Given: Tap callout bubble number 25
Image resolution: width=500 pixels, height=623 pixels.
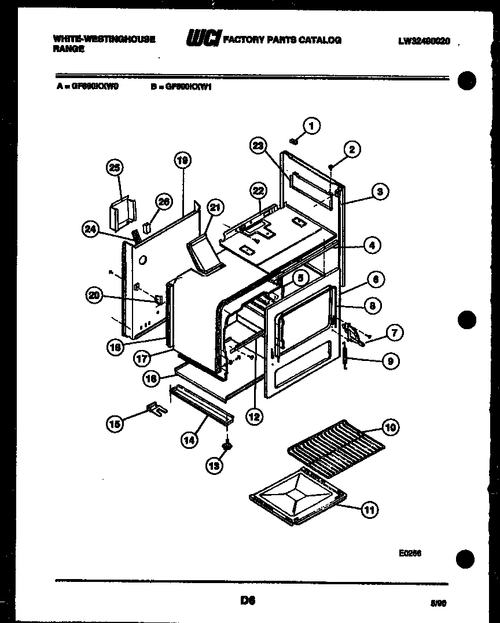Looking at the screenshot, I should (x=116, y=168).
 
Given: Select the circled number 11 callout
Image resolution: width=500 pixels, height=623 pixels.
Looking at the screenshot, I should (x=369, y=510).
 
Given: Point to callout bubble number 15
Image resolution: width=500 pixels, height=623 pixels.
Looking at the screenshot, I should (x=116, y=424).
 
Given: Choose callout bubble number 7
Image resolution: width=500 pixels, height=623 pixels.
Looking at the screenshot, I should (x=394, y=333).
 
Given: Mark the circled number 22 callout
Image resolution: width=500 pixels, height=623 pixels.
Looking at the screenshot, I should (x=258, y=191).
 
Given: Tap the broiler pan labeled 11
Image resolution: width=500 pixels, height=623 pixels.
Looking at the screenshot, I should (x=298, y=499).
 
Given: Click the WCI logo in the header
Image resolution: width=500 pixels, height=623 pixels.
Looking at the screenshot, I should (x=202, y=39).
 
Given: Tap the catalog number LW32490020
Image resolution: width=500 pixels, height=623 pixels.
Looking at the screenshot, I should (x=424, y=40).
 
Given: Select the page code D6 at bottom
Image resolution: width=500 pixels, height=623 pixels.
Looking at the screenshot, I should (x=249, y=600).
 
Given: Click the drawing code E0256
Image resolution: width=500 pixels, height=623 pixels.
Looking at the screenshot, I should (x=410, y=553).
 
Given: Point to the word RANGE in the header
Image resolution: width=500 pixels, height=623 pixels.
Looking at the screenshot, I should (x=68, y=50).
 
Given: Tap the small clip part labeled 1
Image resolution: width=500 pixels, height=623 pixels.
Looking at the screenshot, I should (x=294, y=139).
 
